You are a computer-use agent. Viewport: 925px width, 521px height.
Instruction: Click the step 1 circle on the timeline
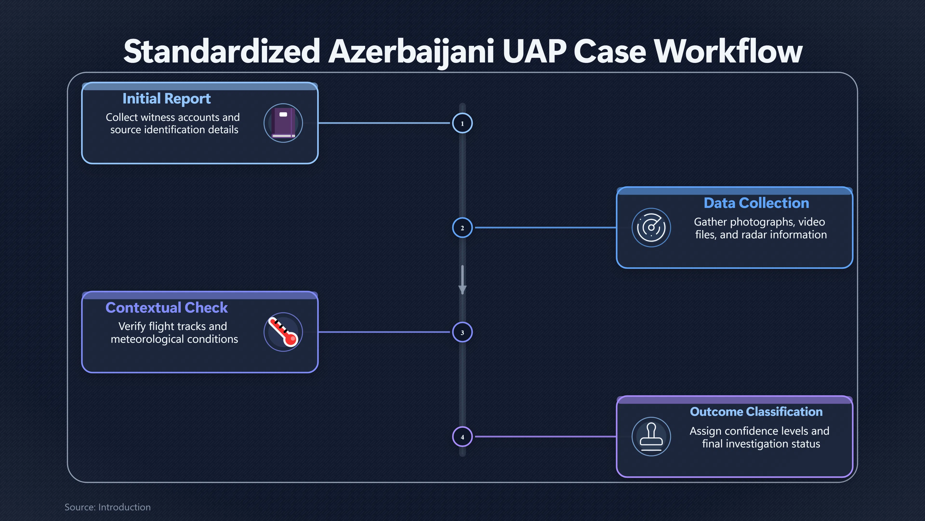(462, 123)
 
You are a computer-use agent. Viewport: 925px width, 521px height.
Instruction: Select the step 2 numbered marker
(462, 228)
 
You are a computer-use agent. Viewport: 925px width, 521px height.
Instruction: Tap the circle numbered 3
(462, 332)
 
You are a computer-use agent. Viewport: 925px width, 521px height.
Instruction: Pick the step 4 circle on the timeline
(462, 437)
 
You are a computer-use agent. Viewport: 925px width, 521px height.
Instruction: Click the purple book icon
(283, 123)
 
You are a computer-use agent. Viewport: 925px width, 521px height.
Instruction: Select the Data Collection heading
(756, 203)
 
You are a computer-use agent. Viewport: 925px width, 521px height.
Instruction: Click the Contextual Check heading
(167, 308)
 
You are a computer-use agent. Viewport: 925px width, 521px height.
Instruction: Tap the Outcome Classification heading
(756, 412)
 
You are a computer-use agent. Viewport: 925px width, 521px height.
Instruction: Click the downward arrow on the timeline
(462, 280)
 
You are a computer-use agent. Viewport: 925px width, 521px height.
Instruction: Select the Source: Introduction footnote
(108, 507)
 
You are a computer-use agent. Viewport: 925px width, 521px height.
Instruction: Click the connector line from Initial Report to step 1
(384, 123)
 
